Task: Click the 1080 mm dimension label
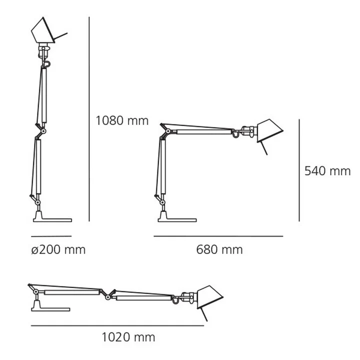pyautogui.click(x=122, y=120)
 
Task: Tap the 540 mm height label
pyautogui.click(x=327, y=171)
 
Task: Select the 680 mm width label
pyautogui.click(x=219, y=249)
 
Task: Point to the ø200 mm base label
pyautogui.click(x=58, y=249)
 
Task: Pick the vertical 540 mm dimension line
pyautogui.click(x=299, y=170)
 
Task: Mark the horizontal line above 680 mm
pyautogui.click(x=218, y=236)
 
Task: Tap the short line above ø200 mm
pyautogui.click(x=51, y=236)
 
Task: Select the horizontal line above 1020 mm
pyautogui.click(x=117, y=325)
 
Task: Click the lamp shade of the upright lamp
pyautogui.click(x=43, y=31)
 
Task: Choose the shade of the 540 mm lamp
pyautogui.click(x=268, y=131)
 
